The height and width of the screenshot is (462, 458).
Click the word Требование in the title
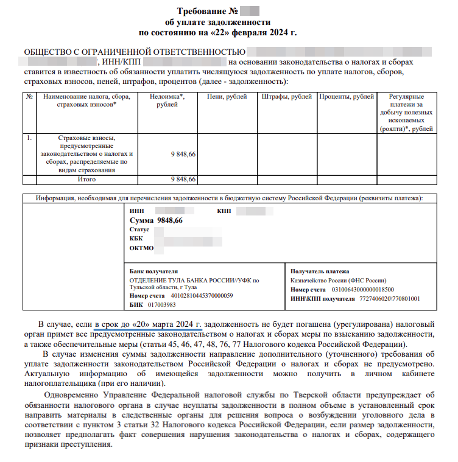[x=203, y=11]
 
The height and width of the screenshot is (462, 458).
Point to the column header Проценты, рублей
[x=346, y=96]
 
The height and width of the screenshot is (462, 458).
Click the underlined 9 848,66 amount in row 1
[x=183, y=155]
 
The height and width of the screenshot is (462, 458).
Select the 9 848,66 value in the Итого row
[x=183, y=180]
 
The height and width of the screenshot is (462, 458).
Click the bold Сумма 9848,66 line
[x=156, y=220]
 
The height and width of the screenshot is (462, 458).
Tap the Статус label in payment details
[x=139, y=229]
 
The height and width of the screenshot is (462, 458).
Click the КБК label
[x=136, y=239]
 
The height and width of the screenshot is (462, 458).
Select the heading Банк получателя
[x=153, y=271]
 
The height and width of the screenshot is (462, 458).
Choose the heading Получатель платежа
[x=320, y=271]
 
